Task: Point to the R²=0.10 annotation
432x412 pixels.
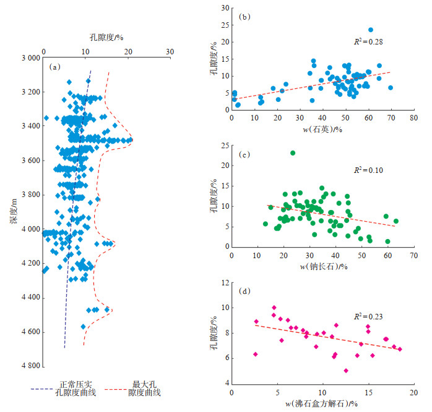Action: click(x=366, y=169)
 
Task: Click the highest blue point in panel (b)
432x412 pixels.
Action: click(x=371, y=30)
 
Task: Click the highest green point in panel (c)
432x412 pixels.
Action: click(x=293, y=153)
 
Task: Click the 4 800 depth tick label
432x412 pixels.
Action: click(x=27, y=366)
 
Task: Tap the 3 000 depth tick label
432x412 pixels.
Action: click(x=27, y=58)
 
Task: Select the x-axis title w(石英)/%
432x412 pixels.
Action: click(x=323, y=128)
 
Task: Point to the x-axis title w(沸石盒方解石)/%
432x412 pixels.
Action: click(x=323, y=403)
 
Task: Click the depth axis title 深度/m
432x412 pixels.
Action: click(x=13, y=212)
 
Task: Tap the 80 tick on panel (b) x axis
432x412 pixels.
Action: click(x=414, y=117)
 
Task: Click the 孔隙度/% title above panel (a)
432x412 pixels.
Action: click(x=102, y=37)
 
